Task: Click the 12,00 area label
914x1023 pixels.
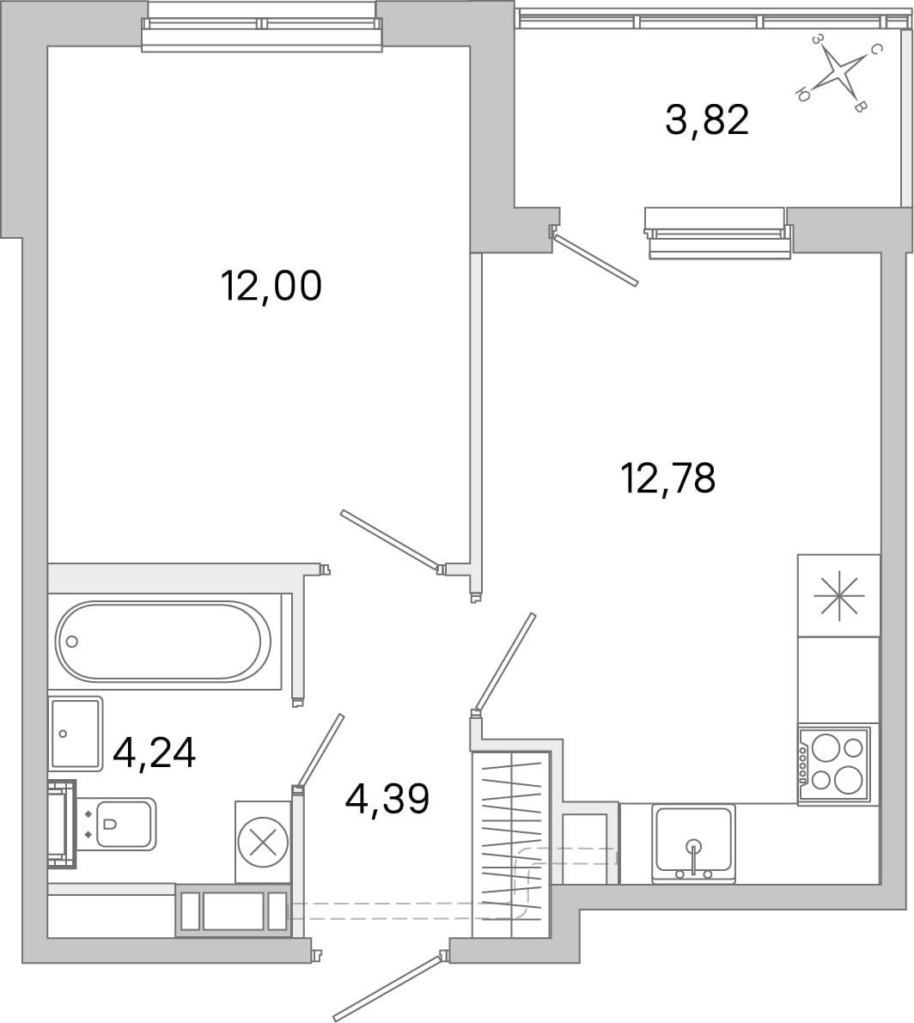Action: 271,286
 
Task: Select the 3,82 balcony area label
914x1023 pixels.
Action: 707,120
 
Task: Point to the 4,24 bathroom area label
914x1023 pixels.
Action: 154,753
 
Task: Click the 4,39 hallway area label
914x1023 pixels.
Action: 387,799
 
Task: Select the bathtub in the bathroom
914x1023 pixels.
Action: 163,641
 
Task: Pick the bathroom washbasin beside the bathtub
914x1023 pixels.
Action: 76,734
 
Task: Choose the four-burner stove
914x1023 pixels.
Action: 834,764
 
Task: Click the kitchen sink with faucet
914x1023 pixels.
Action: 693,843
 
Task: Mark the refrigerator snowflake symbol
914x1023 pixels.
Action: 839,595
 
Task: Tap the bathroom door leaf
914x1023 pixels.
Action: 319,751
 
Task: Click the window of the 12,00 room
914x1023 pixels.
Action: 261,24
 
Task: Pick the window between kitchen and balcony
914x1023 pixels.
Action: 717,233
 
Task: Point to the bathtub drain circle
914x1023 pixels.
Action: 72,642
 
